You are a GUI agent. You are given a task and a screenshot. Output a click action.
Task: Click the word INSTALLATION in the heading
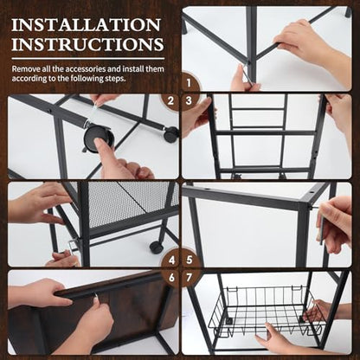point(86,25)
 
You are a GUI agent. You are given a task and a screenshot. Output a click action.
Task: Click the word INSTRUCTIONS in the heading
point(87,44)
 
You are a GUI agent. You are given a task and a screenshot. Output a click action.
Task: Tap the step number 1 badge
point(189,83)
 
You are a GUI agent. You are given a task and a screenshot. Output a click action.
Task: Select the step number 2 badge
point(170,101)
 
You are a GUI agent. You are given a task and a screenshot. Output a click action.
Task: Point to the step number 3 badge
point(189,101)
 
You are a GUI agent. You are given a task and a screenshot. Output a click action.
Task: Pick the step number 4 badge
point(171,260)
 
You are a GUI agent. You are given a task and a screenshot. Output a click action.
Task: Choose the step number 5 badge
point(190,260)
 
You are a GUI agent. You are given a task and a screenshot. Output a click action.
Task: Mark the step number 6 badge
point(171,278)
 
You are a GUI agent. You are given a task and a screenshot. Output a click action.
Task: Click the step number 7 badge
point(190,278)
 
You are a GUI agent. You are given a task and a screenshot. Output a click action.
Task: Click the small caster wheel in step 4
point(157,247)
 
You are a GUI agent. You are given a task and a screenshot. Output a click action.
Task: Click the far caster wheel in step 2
point(170,135)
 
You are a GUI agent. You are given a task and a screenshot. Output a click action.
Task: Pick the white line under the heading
point(88,59)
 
